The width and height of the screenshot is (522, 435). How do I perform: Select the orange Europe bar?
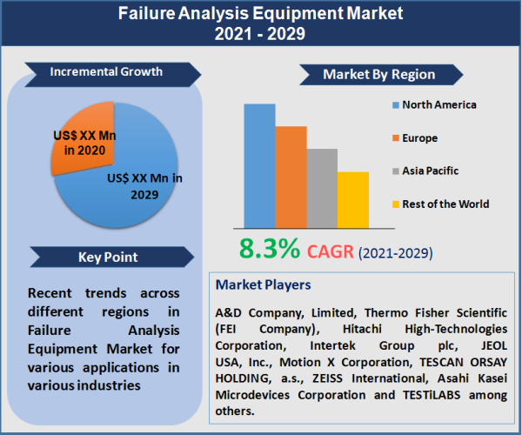pyautogui.click(x=291, y=177)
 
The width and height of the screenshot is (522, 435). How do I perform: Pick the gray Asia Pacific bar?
pyautogui.click(x=322, y=188)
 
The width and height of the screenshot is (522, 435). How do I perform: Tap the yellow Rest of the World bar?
pyautogui.click(x=353, y=199)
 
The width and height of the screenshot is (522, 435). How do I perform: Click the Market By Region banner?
pyautogui.click(x=378, y=74)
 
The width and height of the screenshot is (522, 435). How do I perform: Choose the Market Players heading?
pyautogui.click(x=263, y=284)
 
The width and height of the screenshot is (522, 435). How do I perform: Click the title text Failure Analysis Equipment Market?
pyautogui.click(x=261, y=15)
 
